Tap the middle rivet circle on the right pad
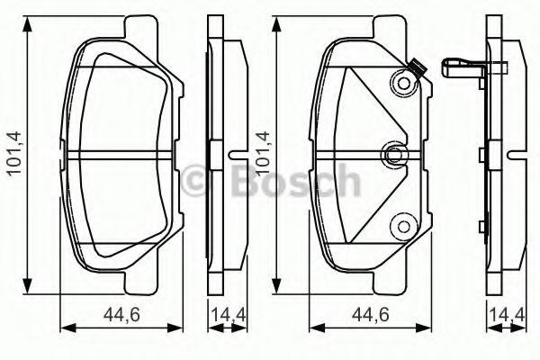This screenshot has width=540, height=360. [393, 155]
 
